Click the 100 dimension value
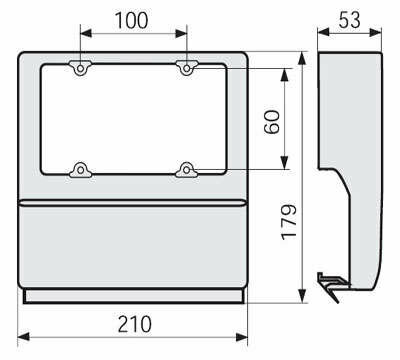(x=131, y=20)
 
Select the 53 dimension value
(x=349, y=20)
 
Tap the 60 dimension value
(x=273, y=122)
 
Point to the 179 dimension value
(x=289, y=222)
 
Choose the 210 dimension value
(x=135, y=324)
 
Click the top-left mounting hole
(x=80, y=69)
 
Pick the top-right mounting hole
(x=187, y=69)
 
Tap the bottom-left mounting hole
(x=80, y=170)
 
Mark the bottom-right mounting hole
(x=187, y=170)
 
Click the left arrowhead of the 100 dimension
(x=86, y=33)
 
